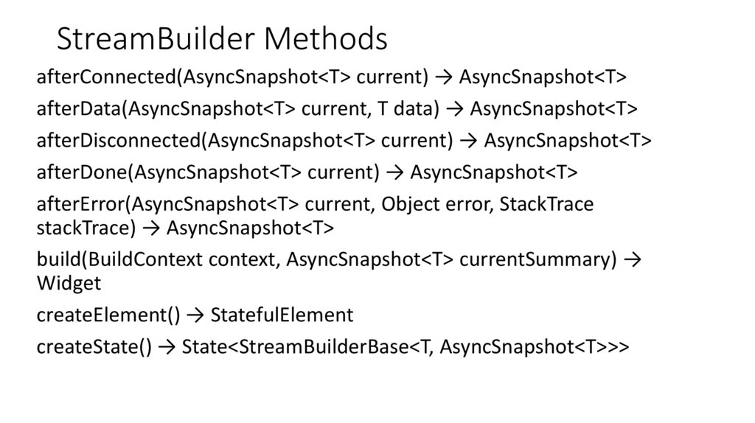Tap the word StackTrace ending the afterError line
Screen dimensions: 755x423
546,204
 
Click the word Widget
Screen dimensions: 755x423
69,284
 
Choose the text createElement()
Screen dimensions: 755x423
108,315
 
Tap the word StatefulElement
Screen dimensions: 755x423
282,315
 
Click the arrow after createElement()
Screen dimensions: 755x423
195,315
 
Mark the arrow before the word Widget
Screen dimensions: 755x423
633,260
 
